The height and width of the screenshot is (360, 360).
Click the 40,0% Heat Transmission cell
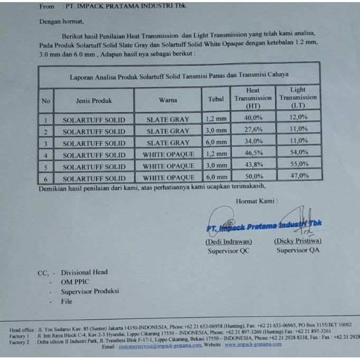(x=253, y=118)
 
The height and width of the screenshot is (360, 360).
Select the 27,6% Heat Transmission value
(x=253, y=130)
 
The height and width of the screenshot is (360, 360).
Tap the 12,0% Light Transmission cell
(x=298, y=117)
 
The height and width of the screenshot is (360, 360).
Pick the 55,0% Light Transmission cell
(x=299, y=165)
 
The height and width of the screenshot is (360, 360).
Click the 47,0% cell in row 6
(x=299, y=176)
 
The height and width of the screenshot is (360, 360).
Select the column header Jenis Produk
(x=94, y=100)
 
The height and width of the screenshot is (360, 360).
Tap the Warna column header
(x=168, y=100)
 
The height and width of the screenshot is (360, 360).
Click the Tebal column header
(x=216, y=99)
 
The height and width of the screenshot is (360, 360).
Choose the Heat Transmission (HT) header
(x=253, y=99)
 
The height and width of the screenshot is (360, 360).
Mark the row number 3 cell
(x=46, y=144)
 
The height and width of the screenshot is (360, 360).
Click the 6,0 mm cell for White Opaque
(x=216, y=178)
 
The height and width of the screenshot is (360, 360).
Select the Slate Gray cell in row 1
(x=168, y=119)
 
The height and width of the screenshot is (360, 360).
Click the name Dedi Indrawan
(x=229, y=242)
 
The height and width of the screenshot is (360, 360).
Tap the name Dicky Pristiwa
(x=298, y=241)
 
